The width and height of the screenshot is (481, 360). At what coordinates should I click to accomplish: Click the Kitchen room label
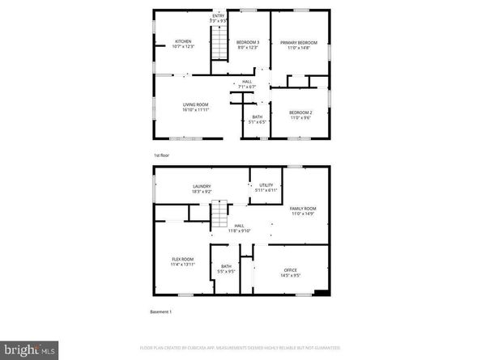(x=183, y=44)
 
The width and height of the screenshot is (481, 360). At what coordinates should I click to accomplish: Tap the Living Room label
(x=195, y=106)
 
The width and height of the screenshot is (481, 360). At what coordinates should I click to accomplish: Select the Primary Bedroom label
(x=299, y=44)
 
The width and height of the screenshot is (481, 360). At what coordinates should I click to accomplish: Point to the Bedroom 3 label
(x=247, y=44)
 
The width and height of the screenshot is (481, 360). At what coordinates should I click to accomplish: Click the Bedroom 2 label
(x=301, y=116)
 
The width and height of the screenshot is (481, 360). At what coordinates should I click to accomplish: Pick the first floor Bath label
(x=257, y=120)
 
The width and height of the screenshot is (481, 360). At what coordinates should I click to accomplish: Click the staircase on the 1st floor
(x=220, y=42)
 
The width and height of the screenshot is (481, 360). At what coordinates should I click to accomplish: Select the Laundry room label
(x=202, y=189)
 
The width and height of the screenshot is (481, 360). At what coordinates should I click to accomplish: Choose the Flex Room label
(x=182, y=261)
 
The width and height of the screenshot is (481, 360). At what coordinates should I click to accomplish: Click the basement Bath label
(x=226, y=269)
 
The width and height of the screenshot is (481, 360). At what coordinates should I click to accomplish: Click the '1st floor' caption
(x=162, y=154)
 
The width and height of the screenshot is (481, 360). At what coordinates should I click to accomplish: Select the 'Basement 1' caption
(x=161, y=311)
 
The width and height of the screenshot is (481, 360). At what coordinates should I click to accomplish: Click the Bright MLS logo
(x=29, y=349)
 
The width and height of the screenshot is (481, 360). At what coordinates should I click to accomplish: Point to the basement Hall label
(x=240, y=228)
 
